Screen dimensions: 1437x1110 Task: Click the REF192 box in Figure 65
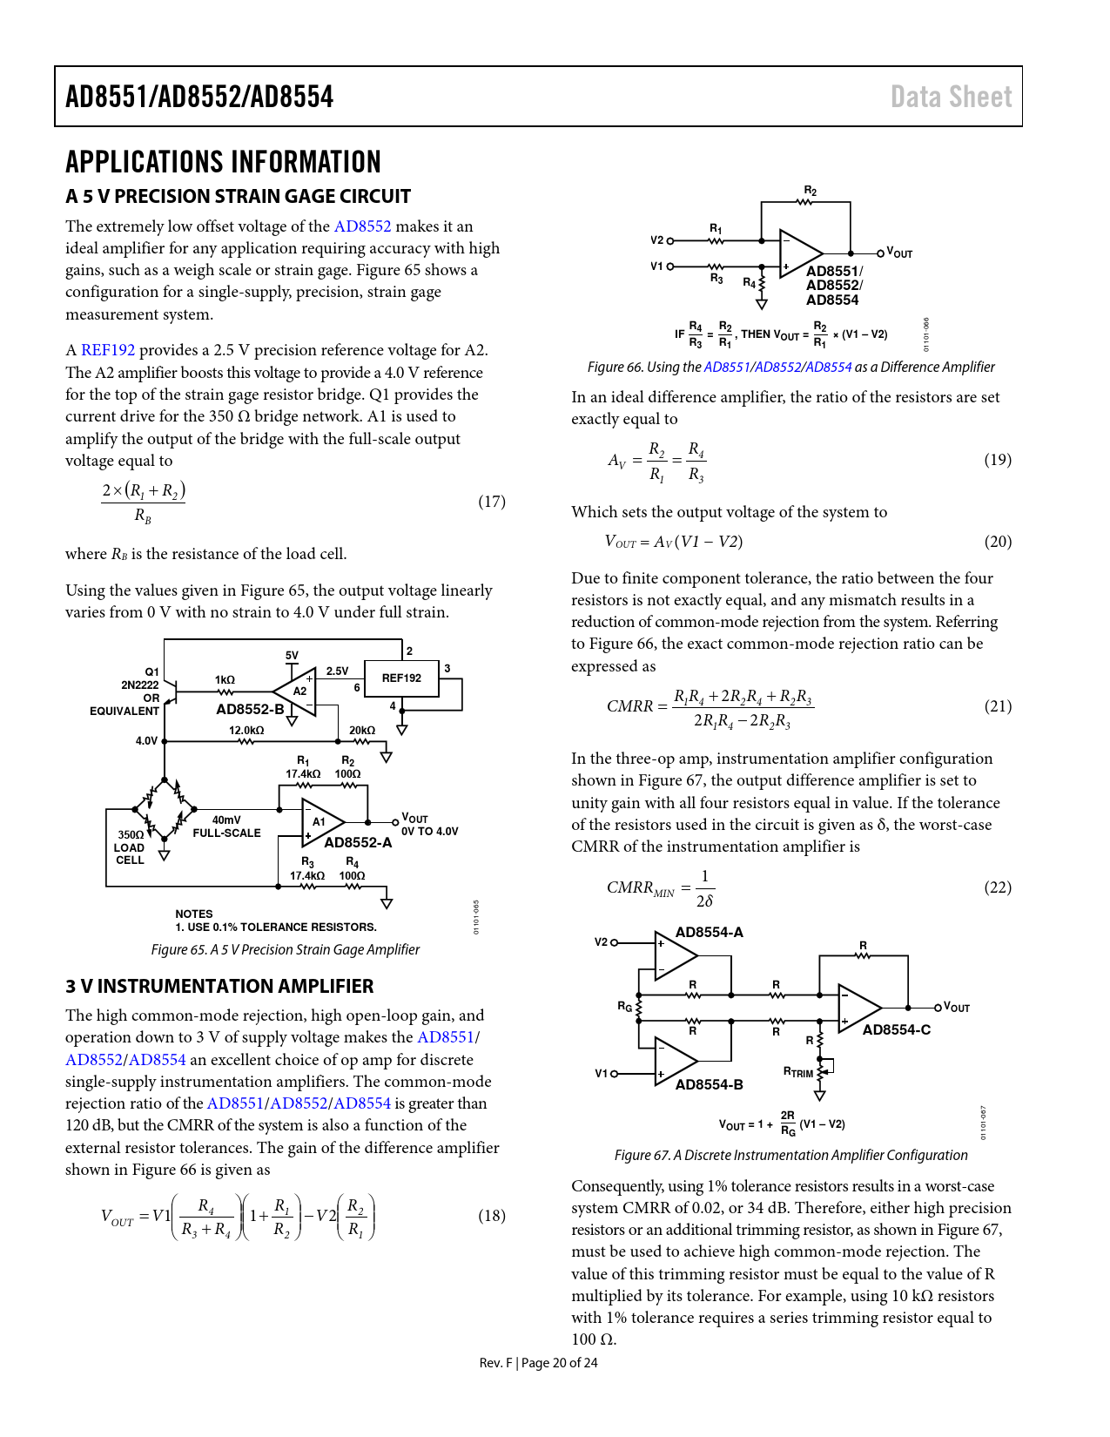(401, 678)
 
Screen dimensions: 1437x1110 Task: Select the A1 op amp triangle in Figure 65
(320, 822)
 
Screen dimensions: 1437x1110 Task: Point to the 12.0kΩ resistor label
(246, 731)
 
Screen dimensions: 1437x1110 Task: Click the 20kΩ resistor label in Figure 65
(362, 731)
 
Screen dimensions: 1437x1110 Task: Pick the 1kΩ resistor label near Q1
(225, 679)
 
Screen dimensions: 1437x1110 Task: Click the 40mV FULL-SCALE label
(226, 826)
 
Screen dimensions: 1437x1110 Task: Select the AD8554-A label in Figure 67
(709, 933)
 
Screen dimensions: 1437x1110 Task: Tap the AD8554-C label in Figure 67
(896, 1030)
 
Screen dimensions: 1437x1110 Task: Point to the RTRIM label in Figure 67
(797, 1072)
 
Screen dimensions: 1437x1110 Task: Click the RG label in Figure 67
(624, 1007)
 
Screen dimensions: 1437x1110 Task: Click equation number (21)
(998, 706)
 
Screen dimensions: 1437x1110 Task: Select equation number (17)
(492, 502)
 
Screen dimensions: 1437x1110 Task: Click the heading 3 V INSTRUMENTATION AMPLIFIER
(219, 987)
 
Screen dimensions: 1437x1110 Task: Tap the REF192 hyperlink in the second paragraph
(108, 350)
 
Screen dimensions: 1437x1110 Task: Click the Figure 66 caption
(790, 368)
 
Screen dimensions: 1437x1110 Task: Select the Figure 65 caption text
(286, 950)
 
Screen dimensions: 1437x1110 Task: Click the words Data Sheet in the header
(951, 97)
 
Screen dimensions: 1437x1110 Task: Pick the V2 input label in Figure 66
(656, 240)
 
